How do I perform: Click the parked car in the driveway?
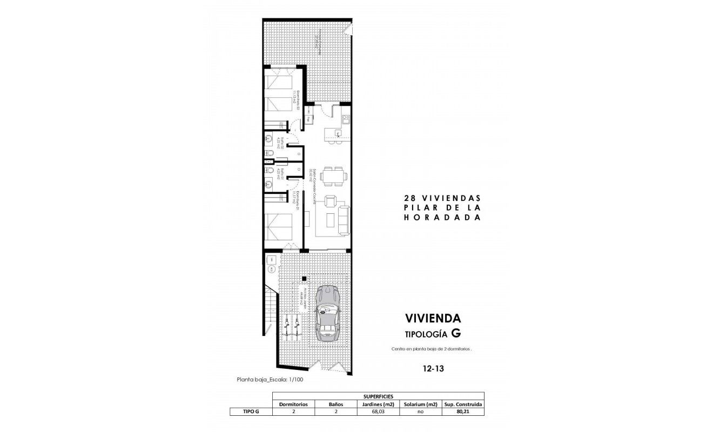(327, 314)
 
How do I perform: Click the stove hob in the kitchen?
(345, 116)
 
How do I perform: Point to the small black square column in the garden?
(304, 279)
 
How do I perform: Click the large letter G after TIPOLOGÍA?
(456, 333)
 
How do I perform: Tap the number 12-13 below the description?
(433, 369)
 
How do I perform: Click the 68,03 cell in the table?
(378, 411)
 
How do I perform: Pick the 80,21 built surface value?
(462, 411)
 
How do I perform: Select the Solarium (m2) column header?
(420, 403)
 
